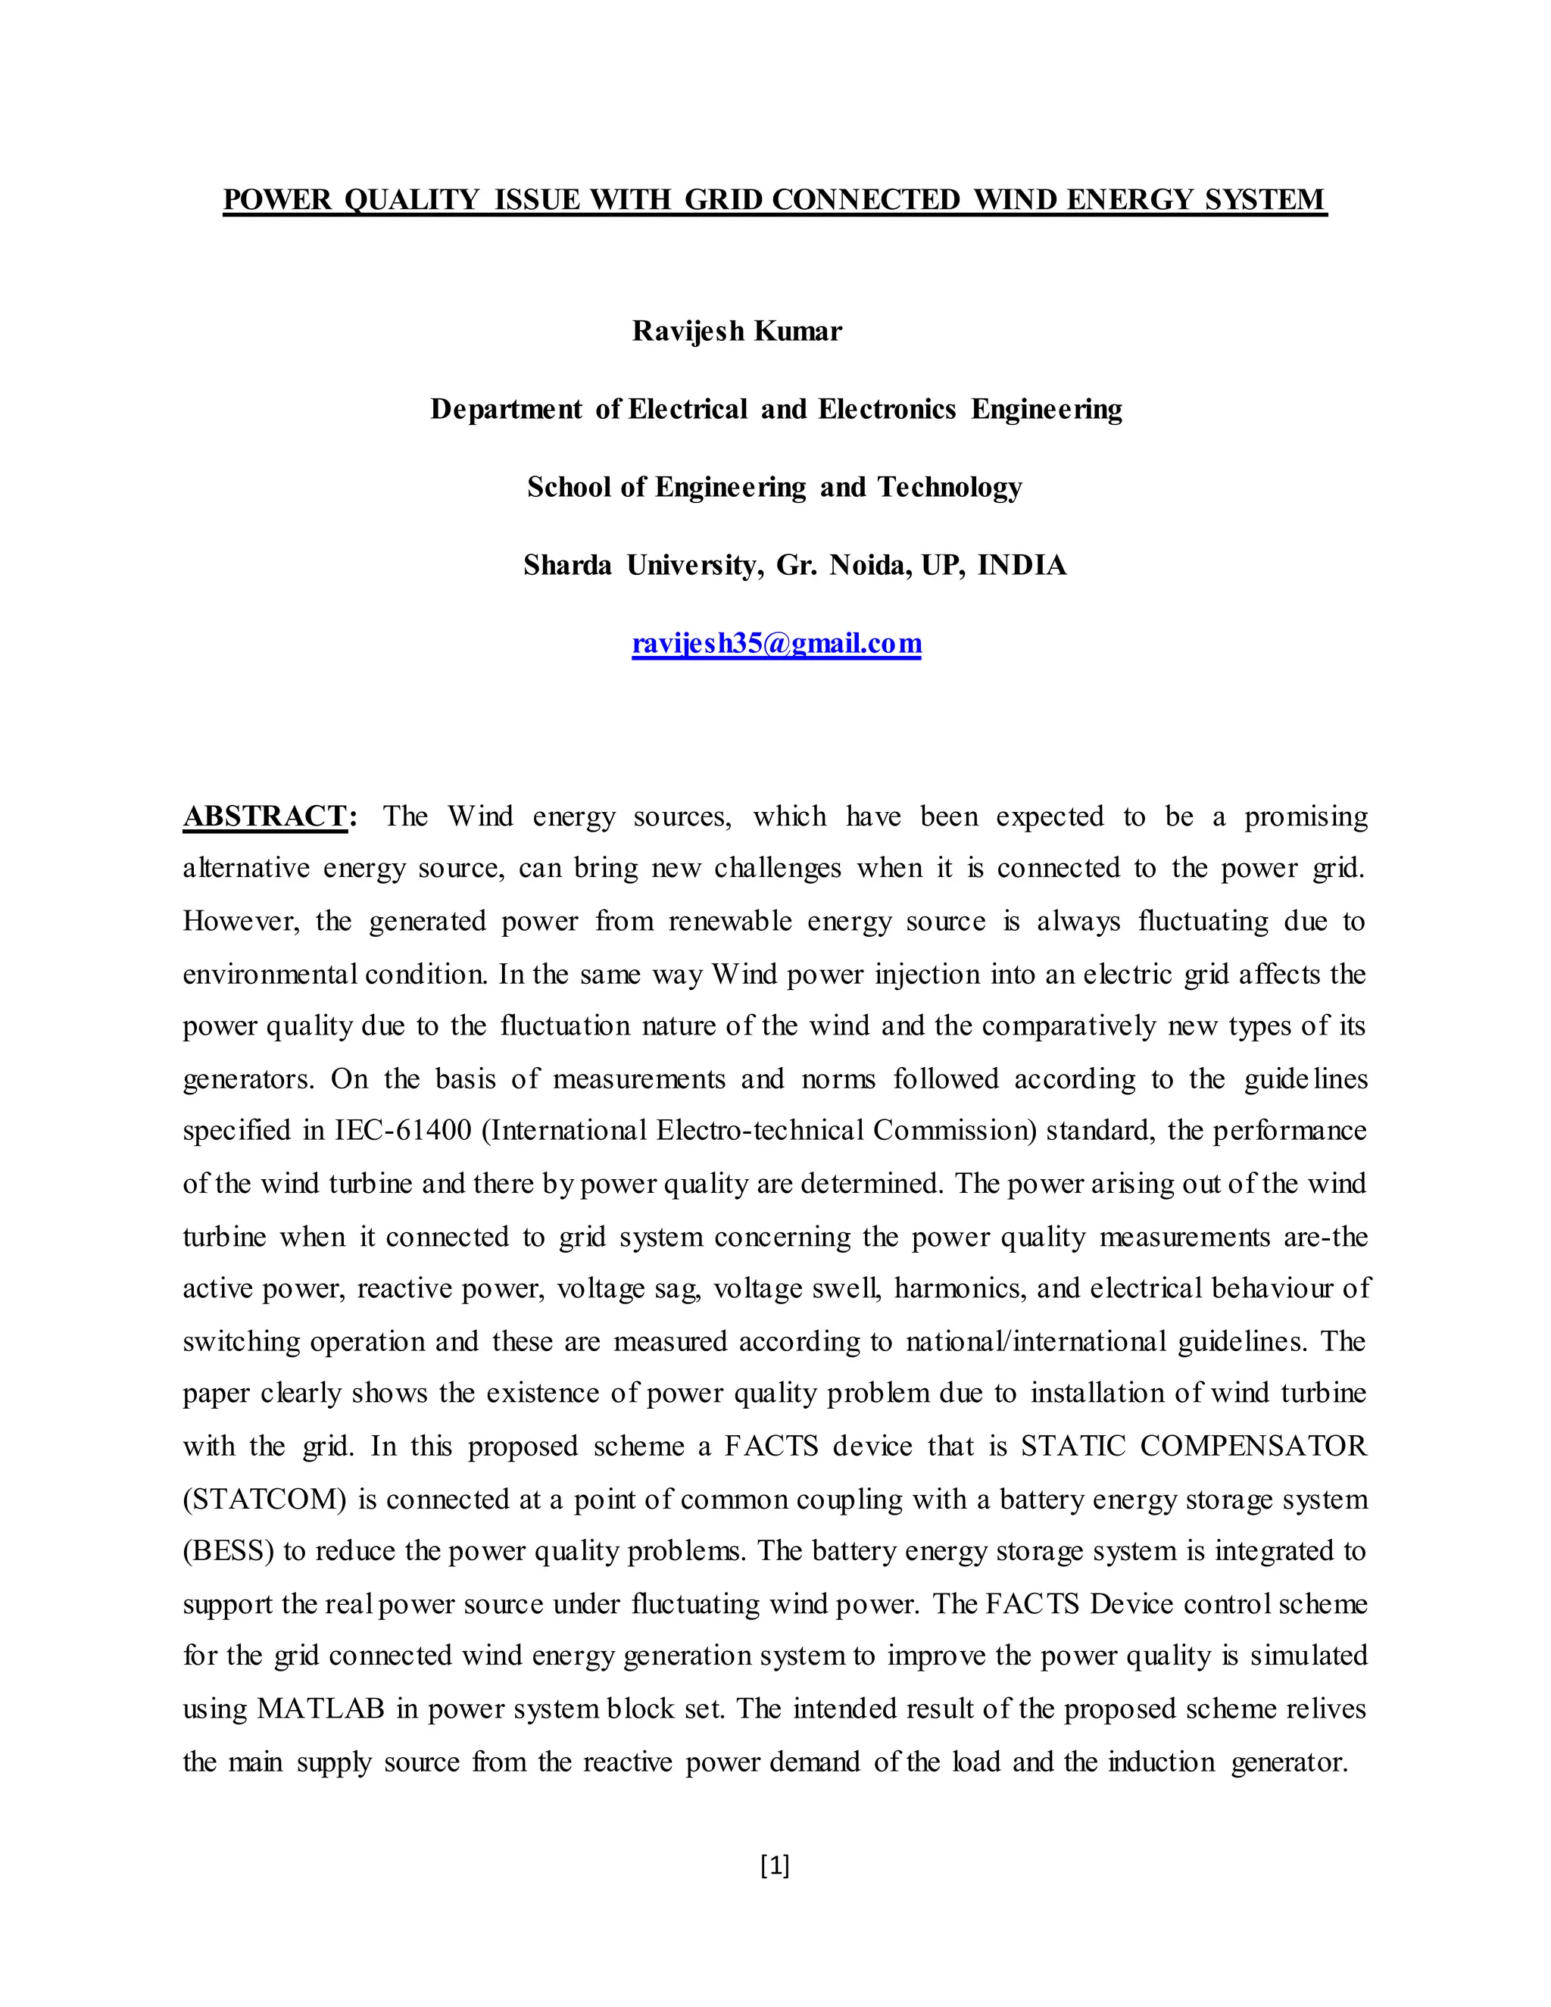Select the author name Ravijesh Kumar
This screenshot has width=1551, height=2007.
point(736,331)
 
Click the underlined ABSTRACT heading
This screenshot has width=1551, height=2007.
point(264,816)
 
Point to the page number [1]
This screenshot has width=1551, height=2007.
point(775,1865)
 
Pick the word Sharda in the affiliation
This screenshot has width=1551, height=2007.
point(567,565)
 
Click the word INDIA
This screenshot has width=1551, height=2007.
point(1022,565)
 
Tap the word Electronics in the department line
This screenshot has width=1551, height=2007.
point(887,409)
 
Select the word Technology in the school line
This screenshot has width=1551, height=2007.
point(949,487)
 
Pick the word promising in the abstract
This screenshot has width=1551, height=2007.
point(1306,816)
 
